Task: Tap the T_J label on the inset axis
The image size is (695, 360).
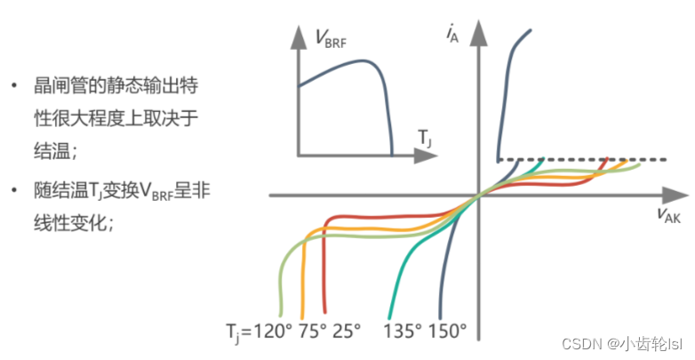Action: point(425,138)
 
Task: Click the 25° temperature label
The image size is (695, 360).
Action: point(347,331)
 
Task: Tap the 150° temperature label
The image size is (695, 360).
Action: point(447,331)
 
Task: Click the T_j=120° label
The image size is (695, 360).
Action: point(259,331)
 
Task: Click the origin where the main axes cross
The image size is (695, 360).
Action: point(479,193)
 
